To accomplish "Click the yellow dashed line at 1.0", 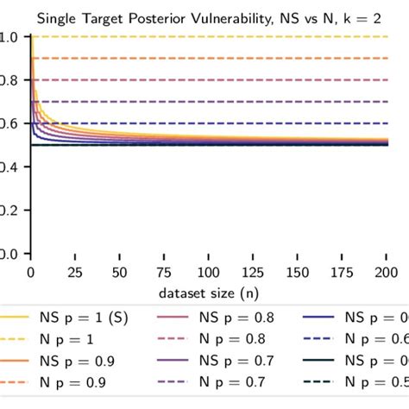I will tap(216, 36).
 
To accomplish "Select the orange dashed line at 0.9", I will tap(216, 58).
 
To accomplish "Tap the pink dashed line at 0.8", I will tap(216, 79).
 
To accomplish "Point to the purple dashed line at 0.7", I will tap(216, 102).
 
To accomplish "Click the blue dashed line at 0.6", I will tap(216, 123).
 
